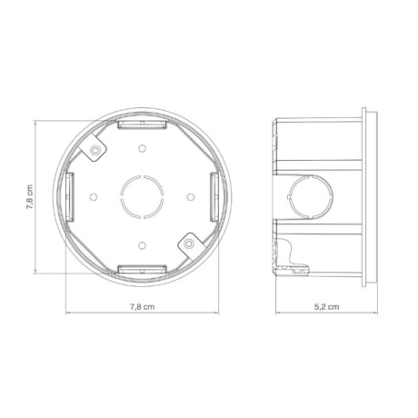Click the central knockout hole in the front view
[x=142, y=194]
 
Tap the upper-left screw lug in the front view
[x=95, y=150]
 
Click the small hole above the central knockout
[x=142, y=148]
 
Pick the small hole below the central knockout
[x=142, y=243]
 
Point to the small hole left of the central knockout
[x=95, y=195]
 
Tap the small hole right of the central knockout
[x=189, y=195]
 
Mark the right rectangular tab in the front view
[x=214, y=194]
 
